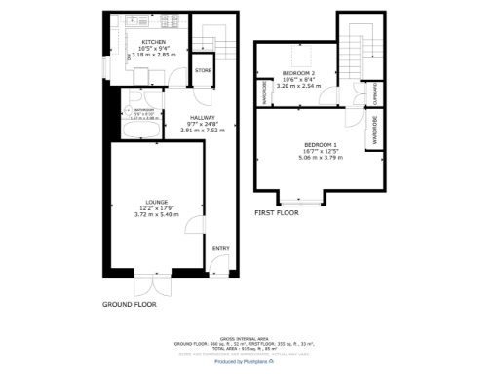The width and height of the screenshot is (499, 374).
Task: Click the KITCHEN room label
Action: pyautogui.click(x=153, y=42)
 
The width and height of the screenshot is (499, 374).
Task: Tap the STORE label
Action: pyautogui.click(x=203, y=70)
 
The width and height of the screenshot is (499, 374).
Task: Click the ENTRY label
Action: pyautogui.click(x=221, y=249)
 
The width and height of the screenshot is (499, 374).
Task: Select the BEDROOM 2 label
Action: pyautogui.click(x=297, y=74)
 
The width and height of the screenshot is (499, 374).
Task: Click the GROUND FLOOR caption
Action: pyautogui.click(x=130, y=305)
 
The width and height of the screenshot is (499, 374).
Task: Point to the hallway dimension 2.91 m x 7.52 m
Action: pyautogui.click(x=209, y=130)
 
